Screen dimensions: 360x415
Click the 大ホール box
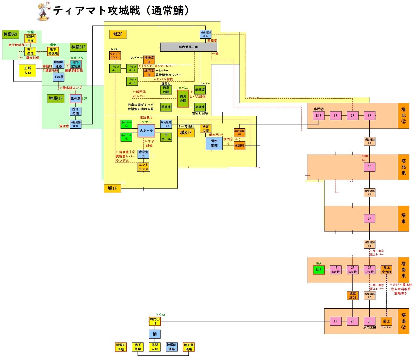pyautogui.click(x=146, y=131)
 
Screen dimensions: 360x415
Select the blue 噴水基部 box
pyautogui.click(x=214, y=143)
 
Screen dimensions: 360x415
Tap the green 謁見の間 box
pyautogui.click(x=183, y=98)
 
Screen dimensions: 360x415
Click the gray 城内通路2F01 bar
pyautogui.click(x=188, y=47)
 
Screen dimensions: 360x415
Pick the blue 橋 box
pyautogui.click(x=155, y=334)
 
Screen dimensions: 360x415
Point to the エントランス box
pyautogui.click(x=143, y=167)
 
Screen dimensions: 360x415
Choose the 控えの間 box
pyautogui.click(x=76, y=111)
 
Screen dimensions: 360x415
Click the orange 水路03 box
pyautogui.click(x=240, y=146)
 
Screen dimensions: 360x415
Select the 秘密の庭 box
pyautogui.click(x=205, y=128)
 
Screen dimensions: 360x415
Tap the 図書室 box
pyautogui.click(x=166, y=107)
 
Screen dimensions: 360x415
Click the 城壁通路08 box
pyautogui.click(x=369, y=141)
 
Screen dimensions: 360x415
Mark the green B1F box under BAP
pyautogui.click(x=319, y=270)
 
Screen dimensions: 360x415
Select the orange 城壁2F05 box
pyautogui.click(x=352, y=295)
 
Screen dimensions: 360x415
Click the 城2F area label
pyautogui.click(x=118, y=34)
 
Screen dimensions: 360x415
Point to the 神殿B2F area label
pyautogui.click(x=11, y=34)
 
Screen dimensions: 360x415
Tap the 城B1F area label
pyautogui.click(x=186, y=133)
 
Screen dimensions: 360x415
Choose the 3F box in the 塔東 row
pyautogui.click(x=369, y=218)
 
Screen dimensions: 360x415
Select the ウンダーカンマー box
pyautogui.click(x=115, y=56)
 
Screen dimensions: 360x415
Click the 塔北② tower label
pyautogui.click(x=404, y=116)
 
